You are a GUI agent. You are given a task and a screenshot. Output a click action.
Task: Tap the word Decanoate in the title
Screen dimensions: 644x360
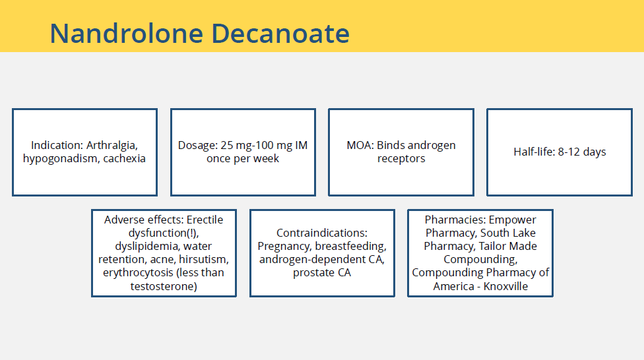(x=280, y=33)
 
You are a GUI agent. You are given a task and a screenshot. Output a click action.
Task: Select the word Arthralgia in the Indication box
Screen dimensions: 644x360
(x=112, y=146)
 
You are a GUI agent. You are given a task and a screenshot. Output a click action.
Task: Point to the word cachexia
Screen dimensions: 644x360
(x=125, y=158)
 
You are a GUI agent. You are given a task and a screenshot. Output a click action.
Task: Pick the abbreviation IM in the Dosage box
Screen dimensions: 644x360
(x=301, y=145)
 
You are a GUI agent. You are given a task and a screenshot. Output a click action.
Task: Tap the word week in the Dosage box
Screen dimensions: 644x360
(x=268, y=158)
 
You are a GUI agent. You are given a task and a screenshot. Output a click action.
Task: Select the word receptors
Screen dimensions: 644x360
(x=401, y=159)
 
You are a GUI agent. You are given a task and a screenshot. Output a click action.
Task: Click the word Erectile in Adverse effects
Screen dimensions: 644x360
(x=205, y=220)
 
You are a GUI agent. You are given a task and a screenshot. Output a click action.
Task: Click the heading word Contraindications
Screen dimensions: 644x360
(x=321, y=233)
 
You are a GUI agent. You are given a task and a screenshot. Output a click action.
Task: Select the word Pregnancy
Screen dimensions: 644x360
(x=284, y=247)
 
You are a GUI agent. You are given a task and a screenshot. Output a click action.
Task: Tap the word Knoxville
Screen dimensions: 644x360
(x=505, y=286)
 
